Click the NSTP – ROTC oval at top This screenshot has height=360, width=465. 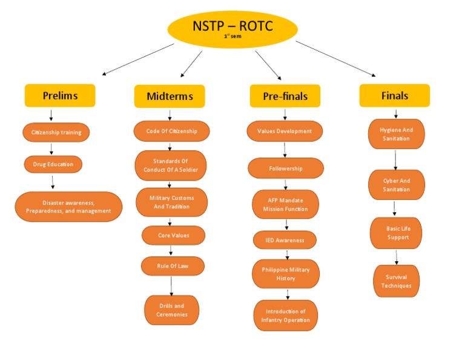tap(232, 29)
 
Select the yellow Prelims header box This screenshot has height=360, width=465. tap(60, 96)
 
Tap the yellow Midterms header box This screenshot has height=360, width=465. tap(170, 96)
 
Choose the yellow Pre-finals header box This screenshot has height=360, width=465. tap(285, 96)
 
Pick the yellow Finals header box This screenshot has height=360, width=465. tap(395, 96)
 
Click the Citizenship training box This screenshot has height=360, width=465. tap(56, 132)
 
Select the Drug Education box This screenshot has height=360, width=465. tap(53, 164)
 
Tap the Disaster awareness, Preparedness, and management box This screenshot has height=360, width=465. tap(68, 207)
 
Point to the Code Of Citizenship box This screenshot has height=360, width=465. tap(171, 131)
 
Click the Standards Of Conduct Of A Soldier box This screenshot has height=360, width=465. tap(171, 165)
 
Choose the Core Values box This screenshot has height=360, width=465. tap(173, 235)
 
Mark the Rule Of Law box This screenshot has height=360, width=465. tap(173, 265)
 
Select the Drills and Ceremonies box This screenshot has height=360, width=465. tap(171, 310)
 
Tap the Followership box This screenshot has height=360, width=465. tap(286, 168)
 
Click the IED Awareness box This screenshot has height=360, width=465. tap(285, 240)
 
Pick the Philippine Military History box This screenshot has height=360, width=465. tap(286, 274)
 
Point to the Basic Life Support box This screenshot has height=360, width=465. tap(396, 233)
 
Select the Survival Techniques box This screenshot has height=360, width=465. tap(396, 281)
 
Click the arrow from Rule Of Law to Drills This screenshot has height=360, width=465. tap(172, 285)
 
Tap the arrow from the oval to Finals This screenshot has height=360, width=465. tap(335, 58)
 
